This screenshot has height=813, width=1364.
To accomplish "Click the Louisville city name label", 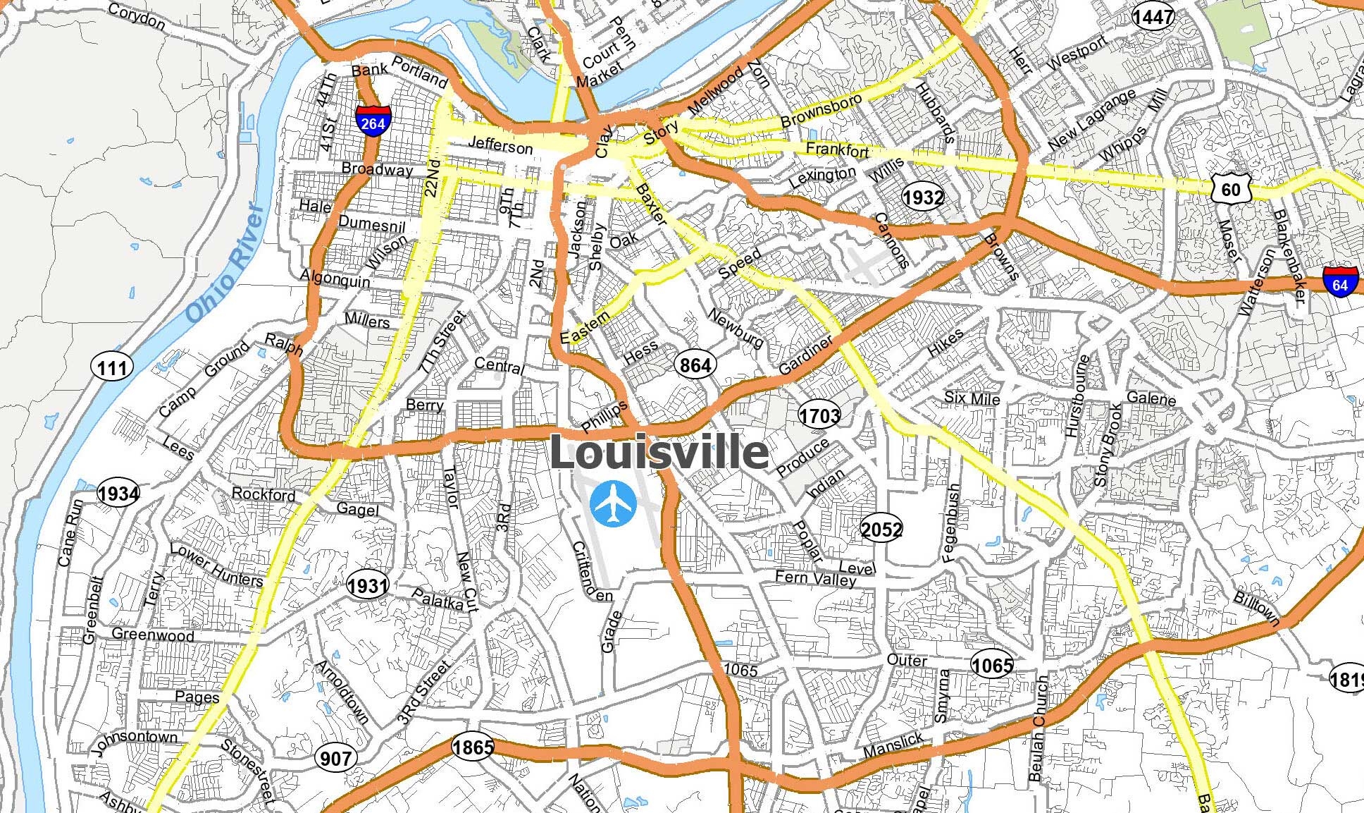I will tap(659, 452).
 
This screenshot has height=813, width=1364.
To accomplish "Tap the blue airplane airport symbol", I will tap(613, 503).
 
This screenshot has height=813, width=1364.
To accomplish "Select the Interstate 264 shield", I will tap(373, 121).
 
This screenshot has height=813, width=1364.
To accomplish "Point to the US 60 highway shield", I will tap(1231, 189).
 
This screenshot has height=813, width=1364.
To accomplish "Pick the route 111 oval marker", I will tap(113, 367).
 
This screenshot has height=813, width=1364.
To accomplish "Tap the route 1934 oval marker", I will tap(118, 493).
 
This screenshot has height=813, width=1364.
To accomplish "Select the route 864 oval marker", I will tap(695, 365).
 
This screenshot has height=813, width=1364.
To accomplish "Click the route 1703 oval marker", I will tap(819, 415).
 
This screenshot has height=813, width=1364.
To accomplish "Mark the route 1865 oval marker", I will tap(473, 747).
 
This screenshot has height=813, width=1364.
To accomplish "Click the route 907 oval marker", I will tap(335, 758).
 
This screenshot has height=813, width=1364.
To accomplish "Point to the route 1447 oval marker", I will tap(1153, 17).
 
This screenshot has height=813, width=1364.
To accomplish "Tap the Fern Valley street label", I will tap(815, 578).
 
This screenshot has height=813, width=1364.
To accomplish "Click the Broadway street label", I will tap(377, 169).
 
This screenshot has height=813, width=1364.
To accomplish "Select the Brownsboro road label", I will tap(821, 111).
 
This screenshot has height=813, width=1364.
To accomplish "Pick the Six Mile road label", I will tap(972, 398).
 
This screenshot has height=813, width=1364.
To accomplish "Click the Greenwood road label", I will tap(153, 635).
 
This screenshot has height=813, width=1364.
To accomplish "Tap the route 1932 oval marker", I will tap(923, 197).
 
